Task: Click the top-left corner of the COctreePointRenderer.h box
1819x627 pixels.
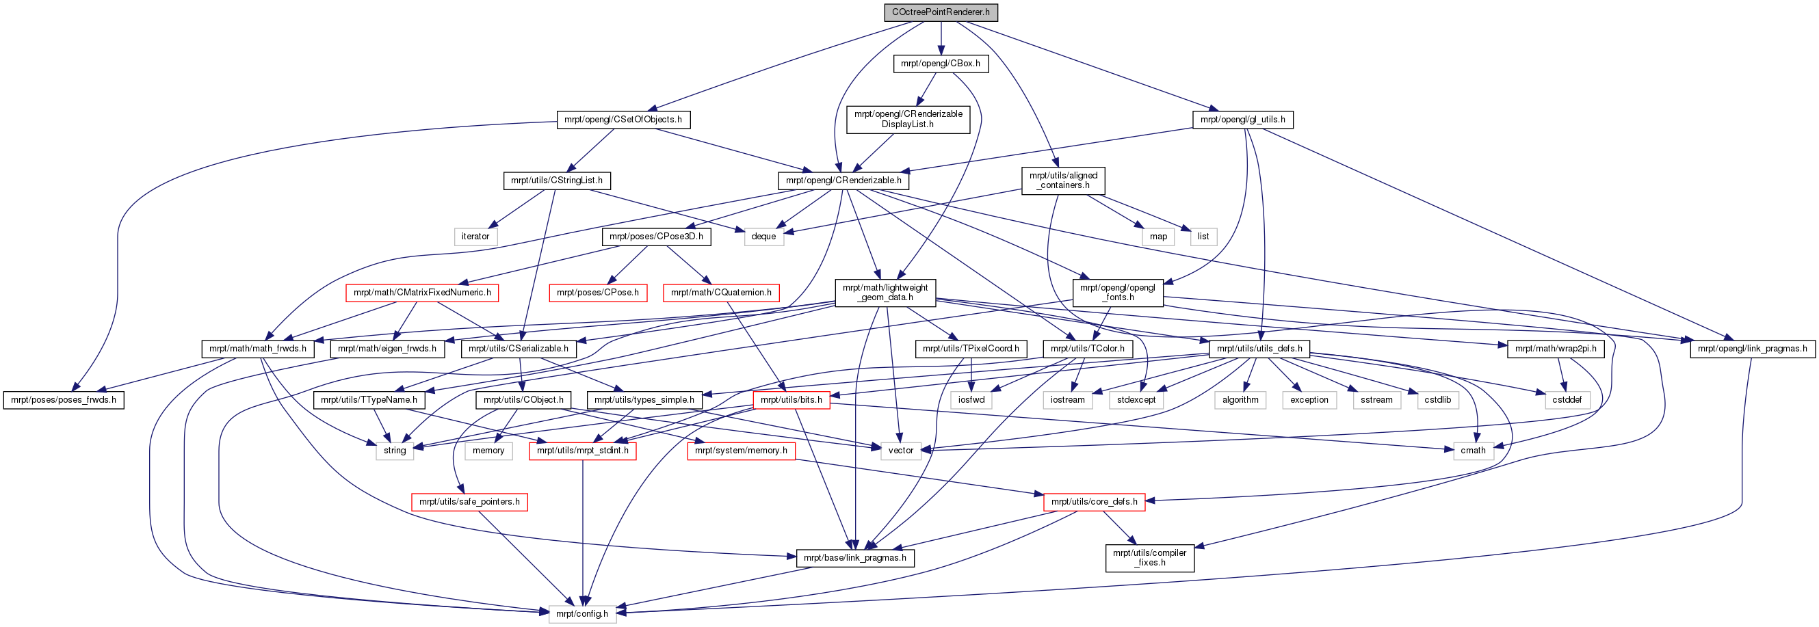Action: pos(885,4)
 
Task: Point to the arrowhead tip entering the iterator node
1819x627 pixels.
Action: pos(489,228)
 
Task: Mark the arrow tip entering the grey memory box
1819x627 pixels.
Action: pos(499,442)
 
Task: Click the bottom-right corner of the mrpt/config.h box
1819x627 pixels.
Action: pos(614,622)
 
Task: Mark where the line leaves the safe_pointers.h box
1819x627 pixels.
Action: pos(480,511)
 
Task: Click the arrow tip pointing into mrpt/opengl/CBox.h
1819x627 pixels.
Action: pos(941,55)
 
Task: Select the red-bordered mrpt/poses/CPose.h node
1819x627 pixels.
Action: pos(598,293)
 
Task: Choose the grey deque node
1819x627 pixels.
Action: pos(763,237)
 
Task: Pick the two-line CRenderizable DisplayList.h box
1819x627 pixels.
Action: pos(908,118)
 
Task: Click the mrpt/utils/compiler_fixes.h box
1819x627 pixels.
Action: pos(1149,558)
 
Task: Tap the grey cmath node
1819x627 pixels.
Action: pos(1473,451)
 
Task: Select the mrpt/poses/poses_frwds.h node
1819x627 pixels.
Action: pos(64,399)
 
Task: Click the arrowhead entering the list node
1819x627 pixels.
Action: pos(1192,228)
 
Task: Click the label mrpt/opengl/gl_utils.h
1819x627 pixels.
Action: pos(1243,120)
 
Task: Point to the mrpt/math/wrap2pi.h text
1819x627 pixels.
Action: pos(1556,348)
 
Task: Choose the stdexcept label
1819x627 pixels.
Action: pos(1136,399)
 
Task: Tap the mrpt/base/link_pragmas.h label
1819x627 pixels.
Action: pos(855,558)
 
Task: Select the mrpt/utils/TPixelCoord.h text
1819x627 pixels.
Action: pos(971,348)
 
